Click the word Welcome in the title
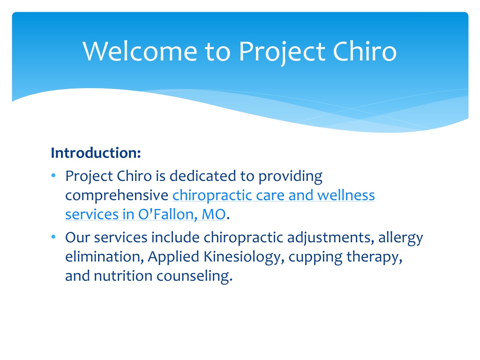(140, 51)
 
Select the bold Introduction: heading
(96, 153)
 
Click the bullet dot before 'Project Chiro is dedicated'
(53, 175)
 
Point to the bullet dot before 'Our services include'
(53, 237)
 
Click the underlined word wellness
(346, 195)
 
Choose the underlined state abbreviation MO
(214, 215)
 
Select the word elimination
(105, 257)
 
